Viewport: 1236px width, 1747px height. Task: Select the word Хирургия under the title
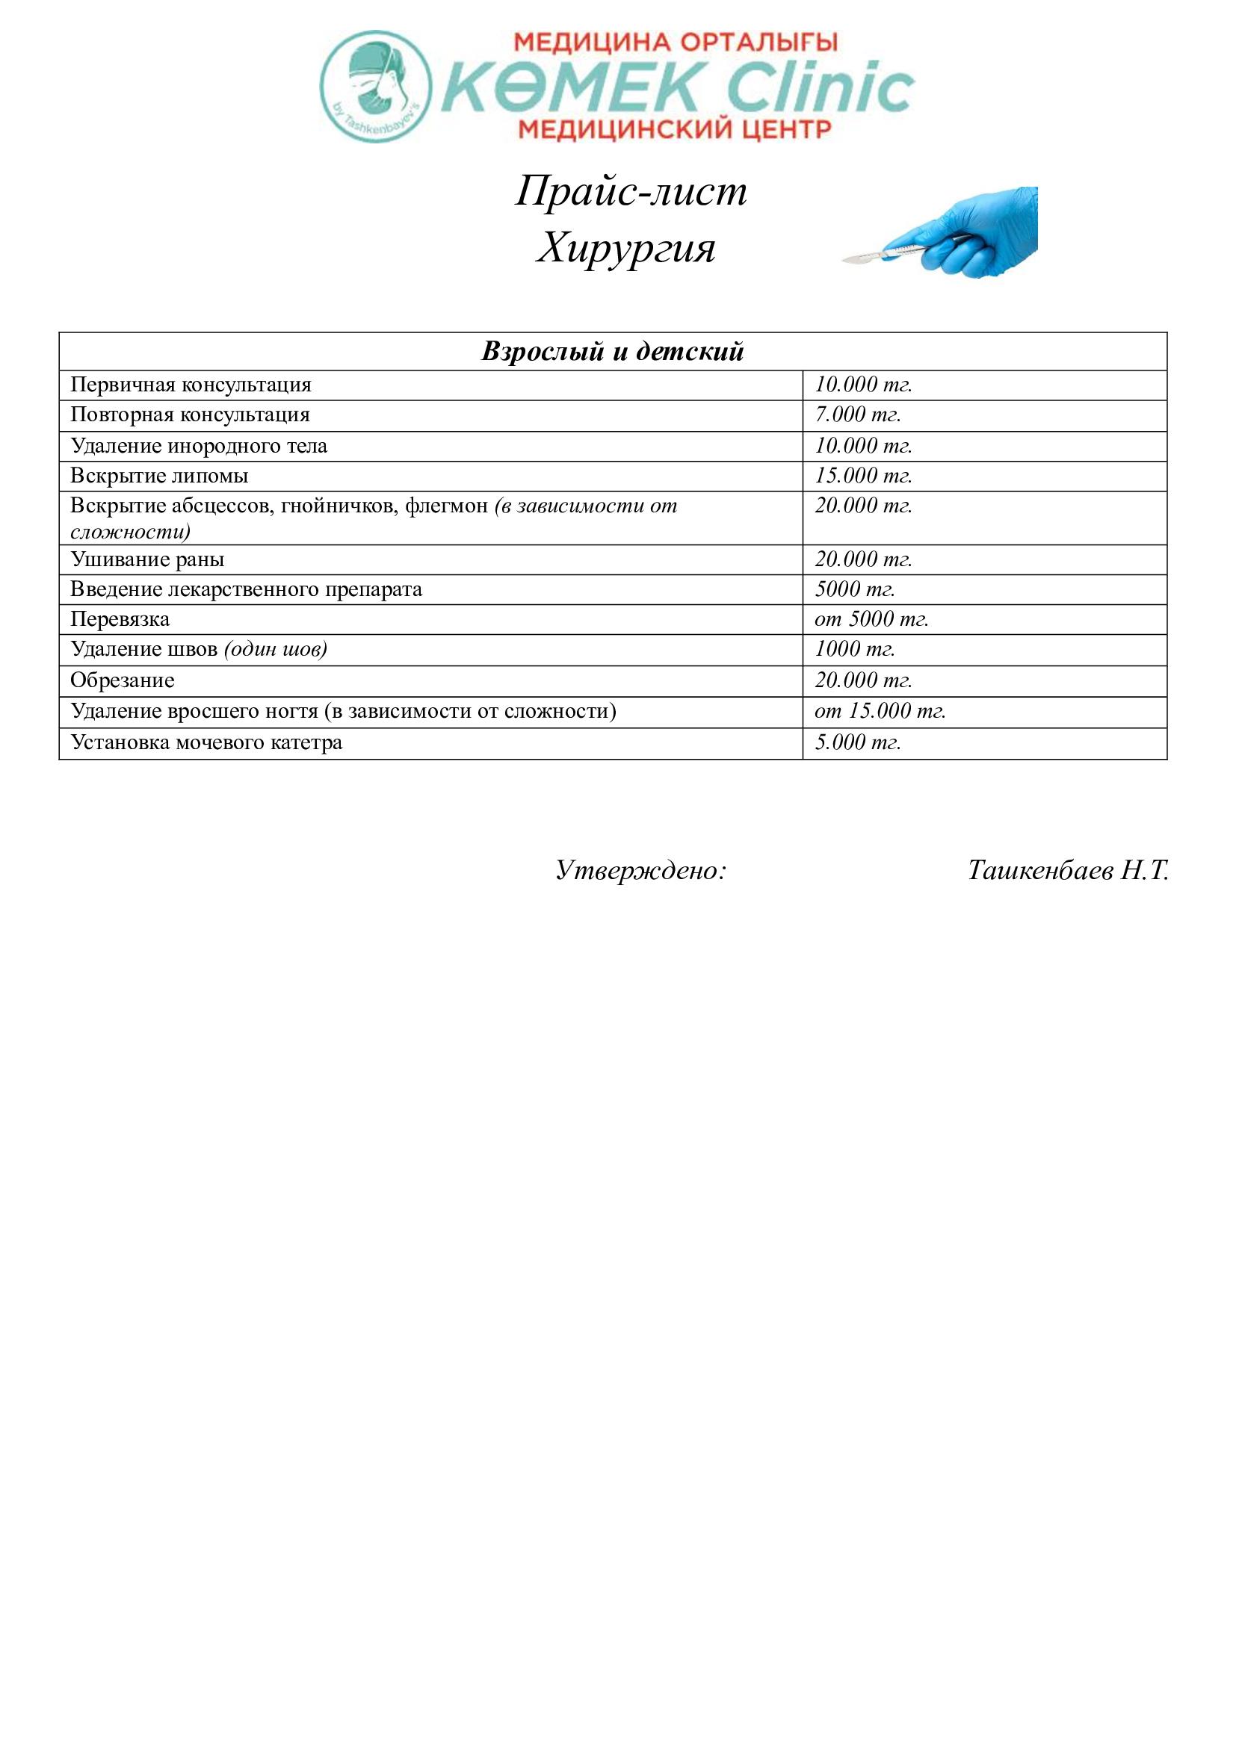[x=625, y=248]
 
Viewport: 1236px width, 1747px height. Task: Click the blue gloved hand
[x=974, y=232]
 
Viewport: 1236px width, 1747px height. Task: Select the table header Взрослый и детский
[x=613, y=352]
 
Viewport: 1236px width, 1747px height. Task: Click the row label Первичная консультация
[x=191, y=385]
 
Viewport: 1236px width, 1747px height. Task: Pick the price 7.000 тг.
[x=858, y=415]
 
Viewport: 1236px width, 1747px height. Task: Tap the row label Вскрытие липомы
[x=159, y=477]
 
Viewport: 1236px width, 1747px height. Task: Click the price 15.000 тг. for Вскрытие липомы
[x=863, y=477]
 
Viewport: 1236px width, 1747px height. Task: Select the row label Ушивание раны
[x=148, y=560]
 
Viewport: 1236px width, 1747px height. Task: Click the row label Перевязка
[x=120, y=619]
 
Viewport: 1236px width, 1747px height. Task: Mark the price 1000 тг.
[x=855, y=649]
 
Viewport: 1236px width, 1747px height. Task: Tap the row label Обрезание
[x=123, y=680]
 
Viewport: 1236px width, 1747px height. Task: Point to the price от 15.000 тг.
[x=880, y=712]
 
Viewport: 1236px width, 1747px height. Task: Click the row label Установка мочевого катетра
[x=206, y=742]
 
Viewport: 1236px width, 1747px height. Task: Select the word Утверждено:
[x=641, y=870]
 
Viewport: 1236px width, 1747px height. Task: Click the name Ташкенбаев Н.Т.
[x=1068, y=870]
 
